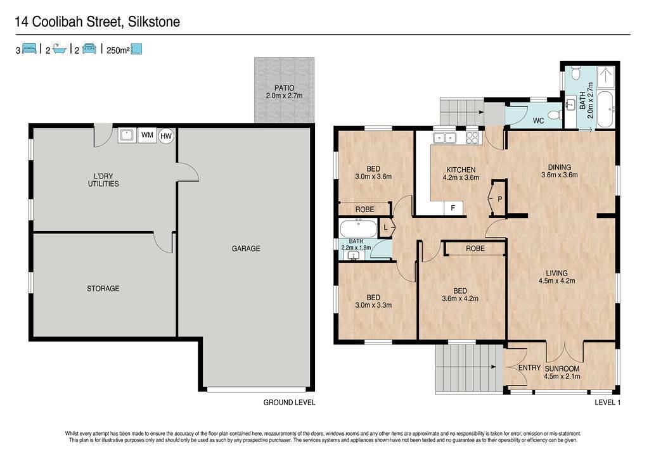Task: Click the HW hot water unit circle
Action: point(166,136)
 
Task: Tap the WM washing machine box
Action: point(147,136)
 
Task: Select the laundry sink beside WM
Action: point(127,136)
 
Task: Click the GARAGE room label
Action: point(246,248)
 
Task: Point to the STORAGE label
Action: point(103,289)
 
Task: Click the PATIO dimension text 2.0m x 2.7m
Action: point(285,96)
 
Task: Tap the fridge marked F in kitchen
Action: point(453,208)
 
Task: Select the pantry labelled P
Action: point(498,198)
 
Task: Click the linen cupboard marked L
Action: point(386,228)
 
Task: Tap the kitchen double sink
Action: point(444,137)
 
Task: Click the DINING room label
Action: point(560,167)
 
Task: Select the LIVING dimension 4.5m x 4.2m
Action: point(556,281)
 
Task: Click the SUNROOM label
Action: point(562,369)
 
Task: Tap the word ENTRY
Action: point(529,368)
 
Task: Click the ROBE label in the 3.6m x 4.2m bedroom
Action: point(475,248)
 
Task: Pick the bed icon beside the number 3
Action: point(29,49)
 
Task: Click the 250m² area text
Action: point(118,51)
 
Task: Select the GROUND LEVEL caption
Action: point(289,402)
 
